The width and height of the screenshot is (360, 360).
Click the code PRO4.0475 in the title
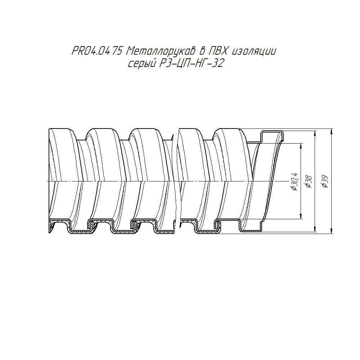click(97, 51)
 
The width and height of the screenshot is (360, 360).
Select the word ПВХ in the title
click(217, 51)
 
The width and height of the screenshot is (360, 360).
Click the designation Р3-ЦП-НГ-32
click(192, 63)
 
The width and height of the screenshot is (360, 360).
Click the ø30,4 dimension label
click(294, 181)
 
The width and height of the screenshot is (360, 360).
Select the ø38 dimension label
click(309, 182)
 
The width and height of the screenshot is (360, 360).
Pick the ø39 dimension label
click(325, 182)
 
